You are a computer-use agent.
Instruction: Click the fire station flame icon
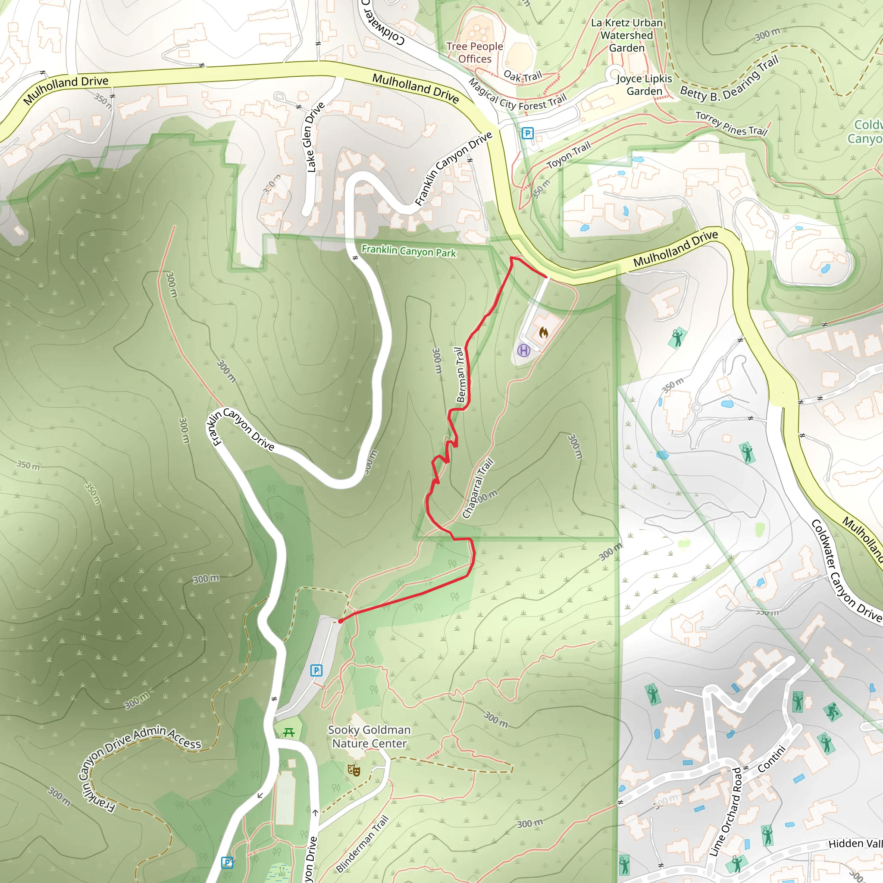pyautogui.click(x=543, y=333)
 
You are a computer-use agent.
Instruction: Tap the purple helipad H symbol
pyautogui.click(x=523, y=351)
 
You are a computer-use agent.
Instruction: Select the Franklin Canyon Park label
pyautogui.click(x=409, y=251)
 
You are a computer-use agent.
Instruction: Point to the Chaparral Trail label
pyautogui.click(x=478, y=488)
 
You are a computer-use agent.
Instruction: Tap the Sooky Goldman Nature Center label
pyautogui.click(x=369, y=736)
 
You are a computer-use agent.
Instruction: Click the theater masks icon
pyautogui.click(x=354, y=770)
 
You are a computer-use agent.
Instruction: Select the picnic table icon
pyautogui.click(x=288, y=733)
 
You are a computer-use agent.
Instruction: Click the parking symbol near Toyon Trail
pyautogui.click(x=527, y=134)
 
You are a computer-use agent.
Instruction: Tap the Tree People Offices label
pyautogui.click(x=475, y=53)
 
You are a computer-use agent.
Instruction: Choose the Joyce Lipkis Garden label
pyautogui.click(x=645, y=85)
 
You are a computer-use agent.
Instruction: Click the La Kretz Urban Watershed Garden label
pyautogui.click(x=626, y=35)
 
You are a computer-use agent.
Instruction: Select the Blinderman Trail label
pyautogui.click(x=363, y=844)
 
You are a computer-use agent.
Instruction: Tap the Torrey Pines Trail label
pyautogui.click(x=731, y=123)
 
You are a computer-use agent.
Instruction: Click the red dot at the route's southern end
pyautogui.click(x=341, y=621)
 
